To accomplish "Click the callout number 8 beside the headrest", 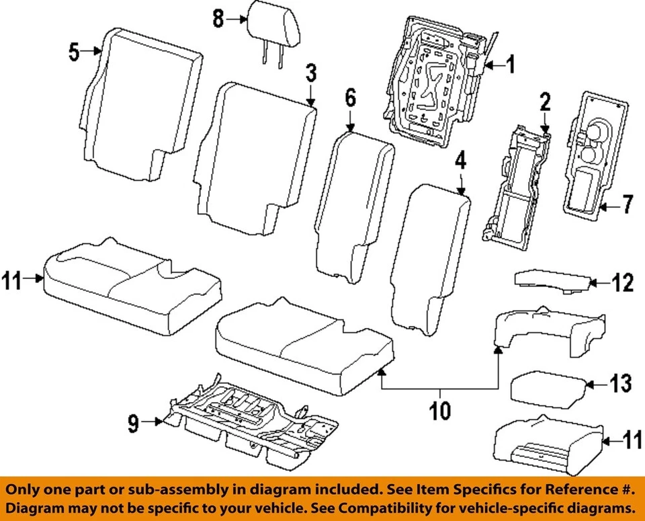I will coord(218,18).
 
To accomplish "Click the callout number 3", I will coord(310,73).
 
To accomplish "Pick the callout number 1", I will coord(510,65).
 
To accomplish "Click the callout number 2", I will coord(545,102).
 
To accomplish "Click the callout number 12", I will coord(622,284).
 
